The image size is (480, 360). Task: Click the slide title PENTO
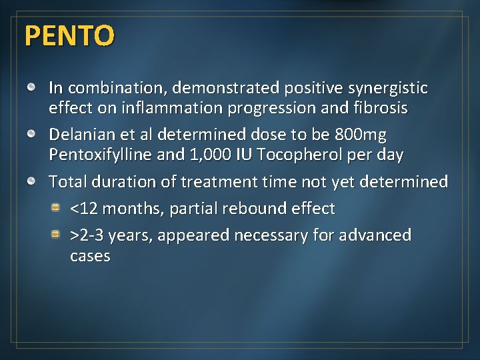[x=69, y=36]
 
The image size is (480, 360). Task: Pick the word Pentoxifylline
[x=103, y=155]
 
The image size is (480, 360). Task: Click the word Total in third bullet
[x=67, y=182]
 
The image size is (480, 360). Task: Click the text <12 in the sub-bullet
[x=85, y=209]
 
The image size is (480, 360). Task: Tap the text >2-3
[x=87, y=235]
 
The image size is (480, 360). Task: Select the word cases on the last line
[x=90, y=256]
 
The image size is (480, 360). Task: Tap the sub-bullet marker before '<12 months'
[x=59, y=208]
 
